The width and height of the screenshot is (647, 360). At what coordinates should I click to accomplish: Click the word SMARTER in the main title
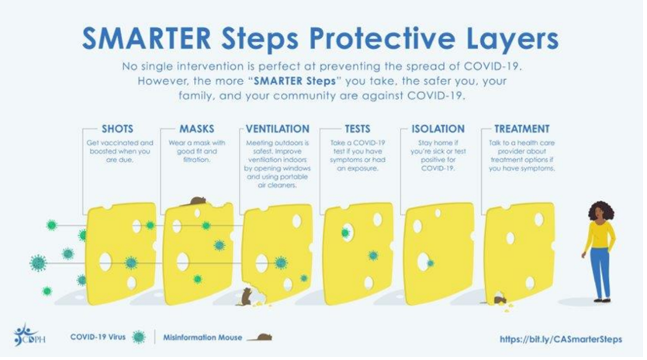coord(147,38)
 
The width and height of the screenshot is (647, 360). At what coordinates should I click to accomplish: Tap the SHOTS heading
coord(118,129)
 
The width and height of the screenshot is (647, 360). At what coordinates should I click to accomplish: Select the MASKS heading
coord(197,129)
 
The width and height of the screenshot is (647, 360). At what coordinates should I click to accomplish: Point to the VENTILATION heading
coord(277,129)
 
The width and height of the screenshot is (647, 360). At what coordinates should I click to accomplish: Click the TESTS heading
coord(358,129)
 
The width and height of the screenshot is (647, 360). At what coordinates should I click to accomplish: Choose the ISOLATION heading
coord(438,129)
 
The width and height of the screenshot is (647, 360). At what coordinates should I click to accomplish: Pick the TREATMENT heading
coord(522,129)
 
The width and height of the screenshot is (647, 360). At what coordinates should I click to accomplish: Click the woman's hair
coord(600,210)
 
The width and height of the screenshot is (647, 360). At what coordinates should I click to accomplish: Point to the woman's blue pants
coord(600,273)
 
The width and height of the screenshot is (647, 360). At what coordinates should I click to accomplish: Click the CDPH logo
coord(29,335)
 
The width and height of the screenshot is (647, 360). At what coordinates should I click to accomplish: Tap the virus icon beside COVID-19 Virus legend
coord(139,337)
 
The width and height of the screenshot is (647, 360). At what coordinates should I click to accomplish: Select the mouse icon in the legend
coord(260,337)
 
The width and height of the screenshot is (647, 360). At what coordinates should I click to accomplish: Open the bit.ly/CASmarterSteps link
coord(561,339)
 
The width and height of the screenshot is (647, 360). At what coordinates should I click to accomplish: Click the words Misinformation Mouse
coord(202,337)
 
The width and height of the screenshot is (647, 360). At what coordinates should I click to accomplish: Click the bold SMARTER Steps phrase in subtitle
coord(295,81)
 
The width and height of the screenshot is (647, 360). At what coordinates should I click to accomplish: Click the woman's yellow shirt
coord(600,235)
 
